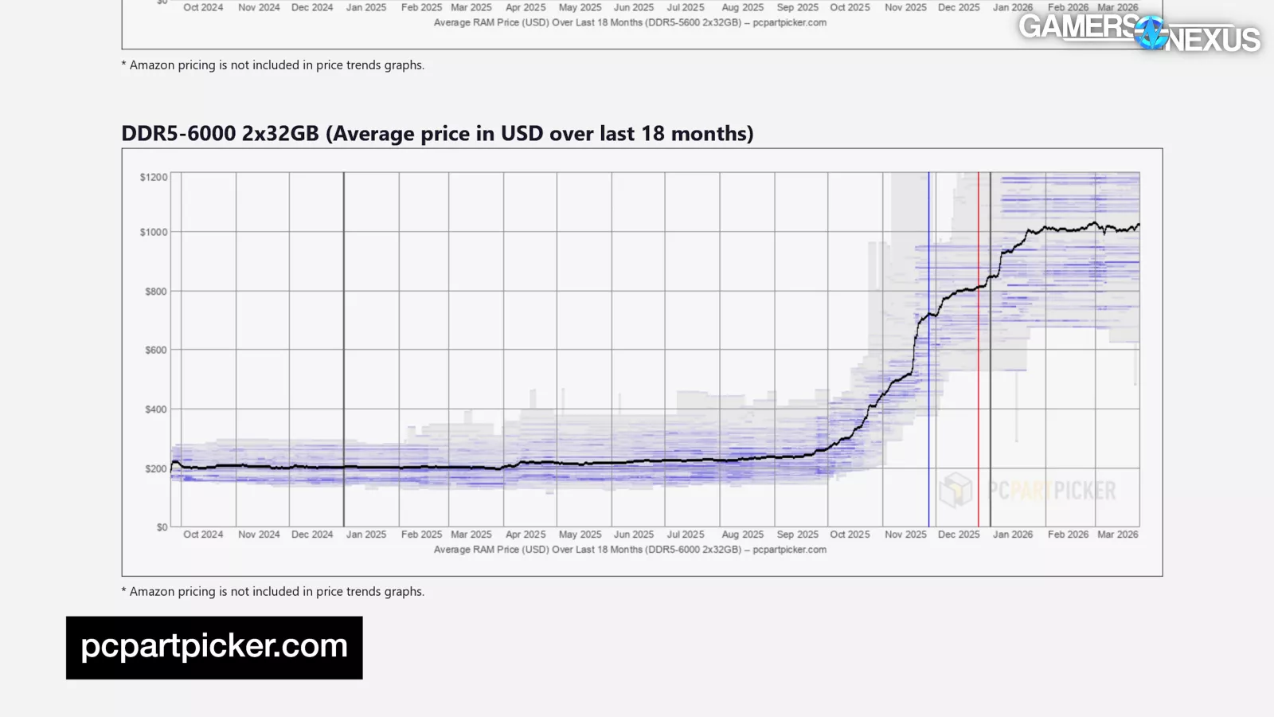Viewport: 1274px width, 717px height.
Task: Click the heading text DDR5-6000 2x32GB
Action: pos(220,134)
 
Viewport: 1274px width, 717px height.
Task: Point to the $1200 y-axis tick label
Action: pos(154,177)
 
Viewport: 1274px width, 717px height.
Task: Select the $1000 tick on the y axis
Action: pos(154,232)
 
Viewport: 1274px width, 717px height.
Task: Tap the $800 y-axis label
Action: pos(156,292)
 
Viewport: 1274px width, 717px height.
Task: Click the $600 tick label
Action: pos(156,350)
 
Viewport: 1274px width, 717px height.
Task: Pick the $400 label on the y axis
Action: pos(156,409)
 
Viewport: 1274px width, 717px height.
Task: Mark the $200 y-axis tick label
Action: pos(156,468)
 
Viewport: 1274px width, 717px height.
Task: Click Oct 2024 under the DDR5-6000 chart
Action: pos(203,535)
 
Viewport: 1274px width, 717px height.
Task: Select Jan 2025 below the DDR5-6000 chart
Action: pos(366,535)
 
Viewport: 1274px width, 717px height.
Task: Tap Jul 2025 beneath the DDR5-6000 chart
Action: pos(686,535)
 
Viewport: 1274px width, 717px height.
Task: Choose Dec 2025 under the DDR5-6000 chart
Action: pos(959,535)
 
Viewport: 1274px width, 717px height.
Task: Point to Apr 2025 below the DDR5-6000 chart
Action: pos(526,535)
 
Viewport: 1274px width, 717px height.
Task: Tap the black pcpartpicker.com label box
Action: pos(214,647)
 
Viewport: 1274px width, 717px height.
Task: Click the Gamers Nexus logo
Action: pos(1139,32)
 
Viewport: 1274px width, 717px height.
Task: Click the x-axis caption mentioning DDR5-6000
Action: pos(630,550)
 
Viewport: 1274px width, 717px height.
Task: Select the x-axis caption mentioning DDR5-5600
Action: pos(630,22)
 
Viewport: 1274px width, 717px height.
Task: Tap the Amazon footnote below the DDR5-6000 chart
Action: pos(272,591)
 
